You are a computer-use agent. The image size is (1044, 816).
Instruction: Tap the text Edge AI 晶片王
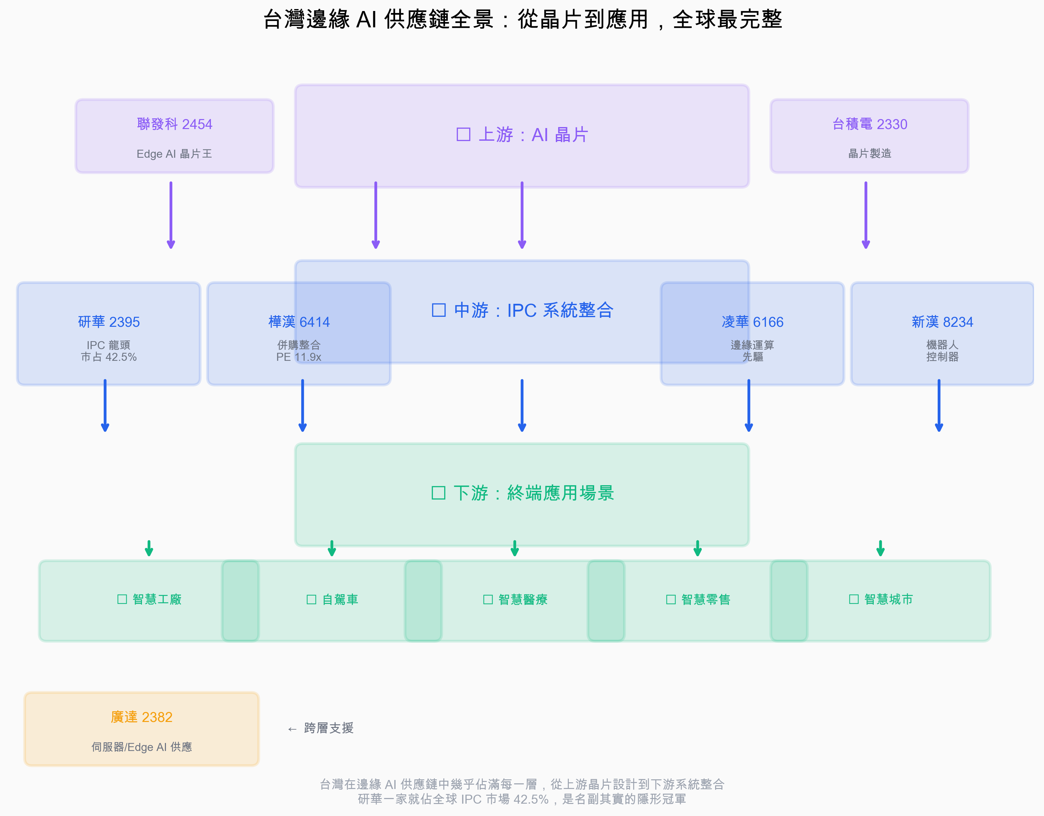(x=175, y=153)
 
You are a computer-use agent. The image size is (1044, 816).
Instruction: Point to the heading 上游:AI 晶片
(x=522, y=135)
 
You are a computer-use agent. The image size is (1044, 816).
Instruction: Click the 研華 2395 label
(x=109, y=322)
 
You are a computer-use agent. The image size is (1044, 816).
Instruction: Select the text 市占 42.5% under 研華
(x=109, y=357)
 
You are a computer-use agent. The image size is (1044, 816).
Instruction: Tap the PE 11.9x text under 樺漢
(x=299, y=357)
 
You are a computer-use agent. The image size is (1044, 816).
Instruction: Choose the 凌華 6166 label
(x=752, y=322)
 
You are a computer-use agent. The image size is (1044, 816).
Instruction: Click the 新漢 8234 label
(x=942, y=322)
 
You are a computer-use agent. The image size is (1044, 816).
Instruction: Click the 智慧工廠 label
(x=150, y=599)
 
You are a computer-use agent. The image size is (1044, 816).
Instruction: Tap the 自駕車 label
(x=332, y=599)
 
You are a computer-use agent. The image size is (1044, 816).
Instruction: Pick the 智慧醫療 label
(x=515, y=599)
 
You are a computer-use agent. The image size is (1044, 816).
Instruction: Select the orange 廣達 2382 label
(x=142, y=717)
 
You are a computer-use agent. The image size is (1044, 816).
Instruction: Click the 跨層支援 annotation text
(x=329, y=728)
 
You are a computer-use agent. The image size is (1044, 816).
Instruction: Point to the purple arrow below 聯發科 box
(x=171, y=215)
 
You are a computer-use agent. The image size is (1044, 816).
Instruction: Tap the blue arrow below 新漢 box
(x=939, y=405)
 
